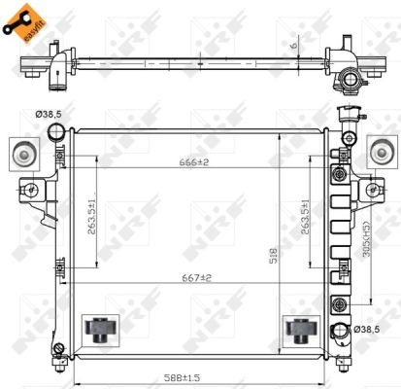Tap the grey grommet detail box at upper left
click(x=21, y=152)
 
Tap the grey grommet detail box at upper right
click(x=382, y=152)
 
